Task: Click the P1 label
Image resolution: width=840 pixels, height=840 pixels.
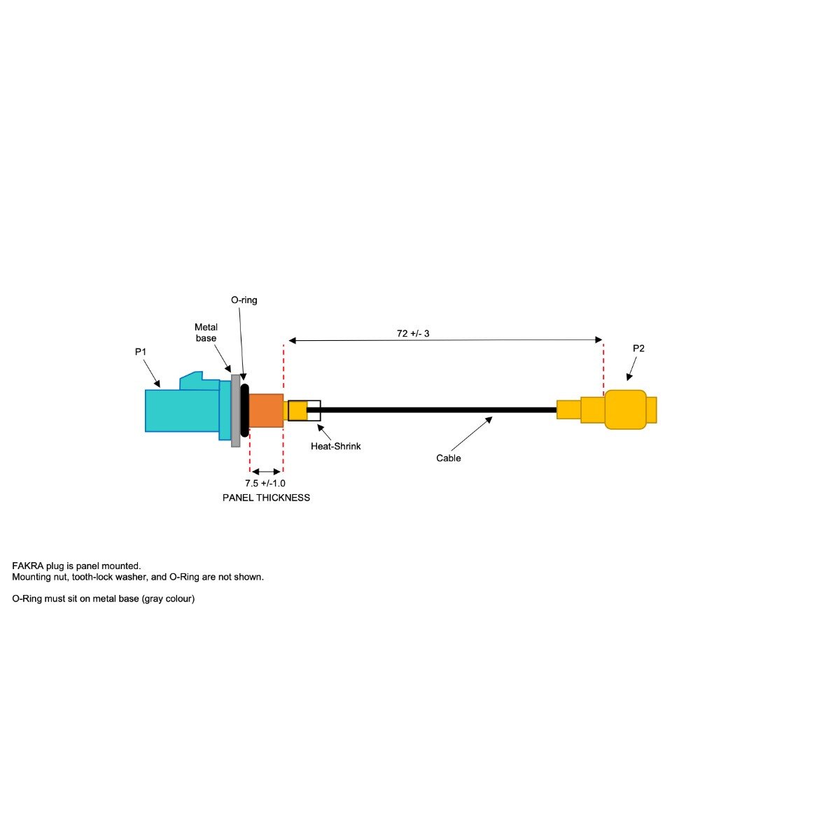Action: tap(141, 352)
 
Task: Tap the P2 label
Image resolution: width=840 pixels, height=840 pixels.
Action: tap(638, 349)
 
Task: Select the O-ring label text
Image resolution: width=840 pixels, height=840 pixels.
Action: tap(244, 300)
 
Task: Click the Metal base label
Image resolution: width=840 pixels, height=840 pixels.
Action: tap(206, 332)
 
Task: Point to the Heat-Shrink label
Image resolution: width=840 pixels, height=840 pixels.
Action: tap(336, 447)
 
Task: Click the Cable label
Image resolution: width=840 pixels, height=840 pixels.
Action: tap(448, 458)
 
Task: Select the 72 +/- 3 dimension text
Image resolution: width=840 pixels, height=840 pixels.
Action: tap(413, 333)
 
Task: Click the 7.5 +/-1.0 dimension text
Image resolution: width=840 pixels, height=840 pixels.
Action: tap(265, 484)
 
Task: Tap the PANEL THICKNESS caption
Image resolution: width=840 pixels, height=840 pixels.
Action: tap(266, 498)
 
